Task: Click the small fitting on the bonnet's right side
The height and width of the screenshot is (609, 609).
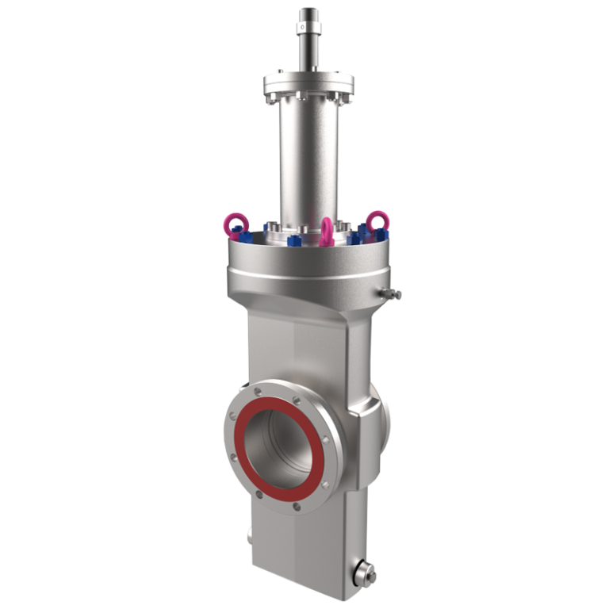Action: tap(389, 294)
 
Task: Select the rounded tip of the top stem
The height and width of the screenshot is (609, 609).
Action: tap(305, 11)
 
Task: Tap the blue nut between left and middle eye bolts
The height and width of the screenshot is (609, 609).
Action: tap(295, 238)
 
